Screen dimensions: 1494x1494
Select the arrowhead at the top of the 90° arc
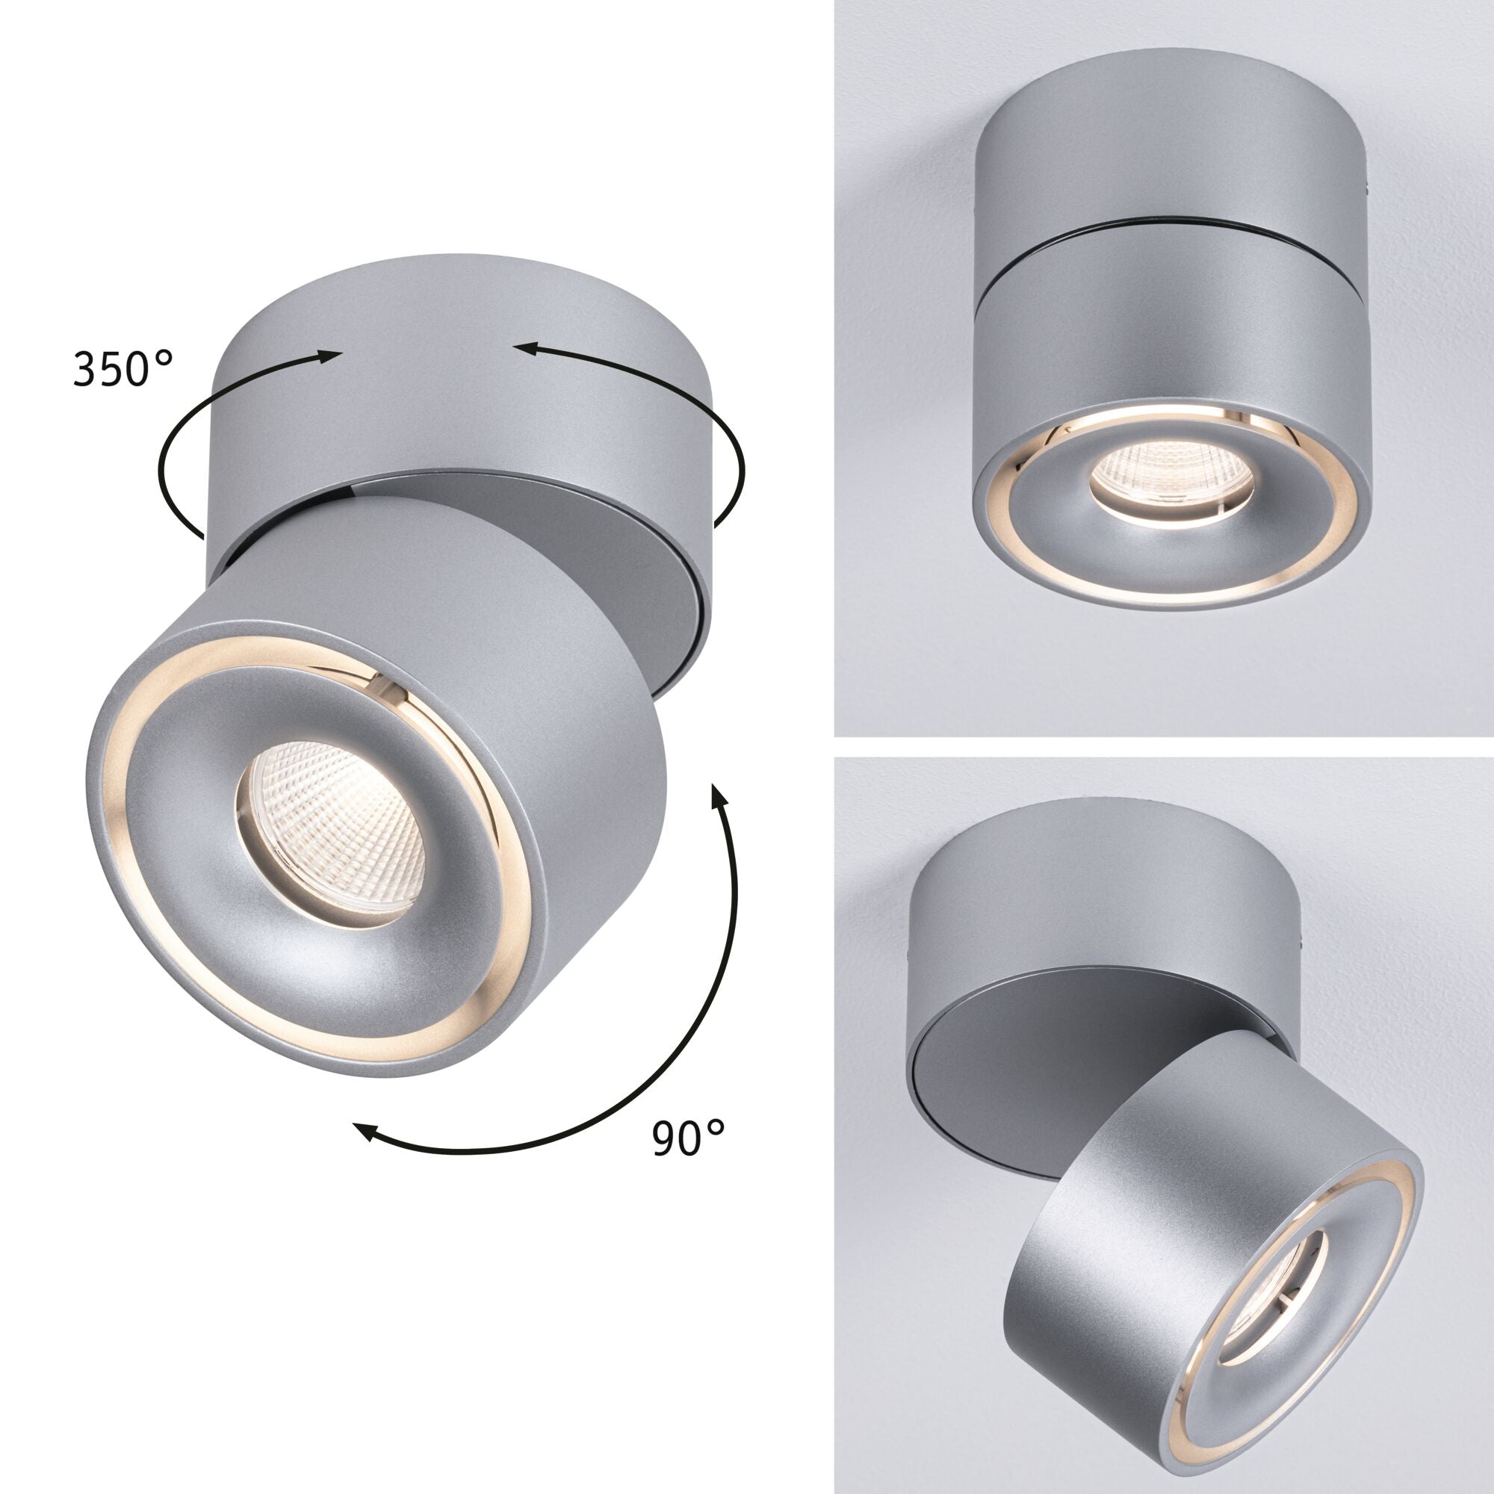click(719, 796)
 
